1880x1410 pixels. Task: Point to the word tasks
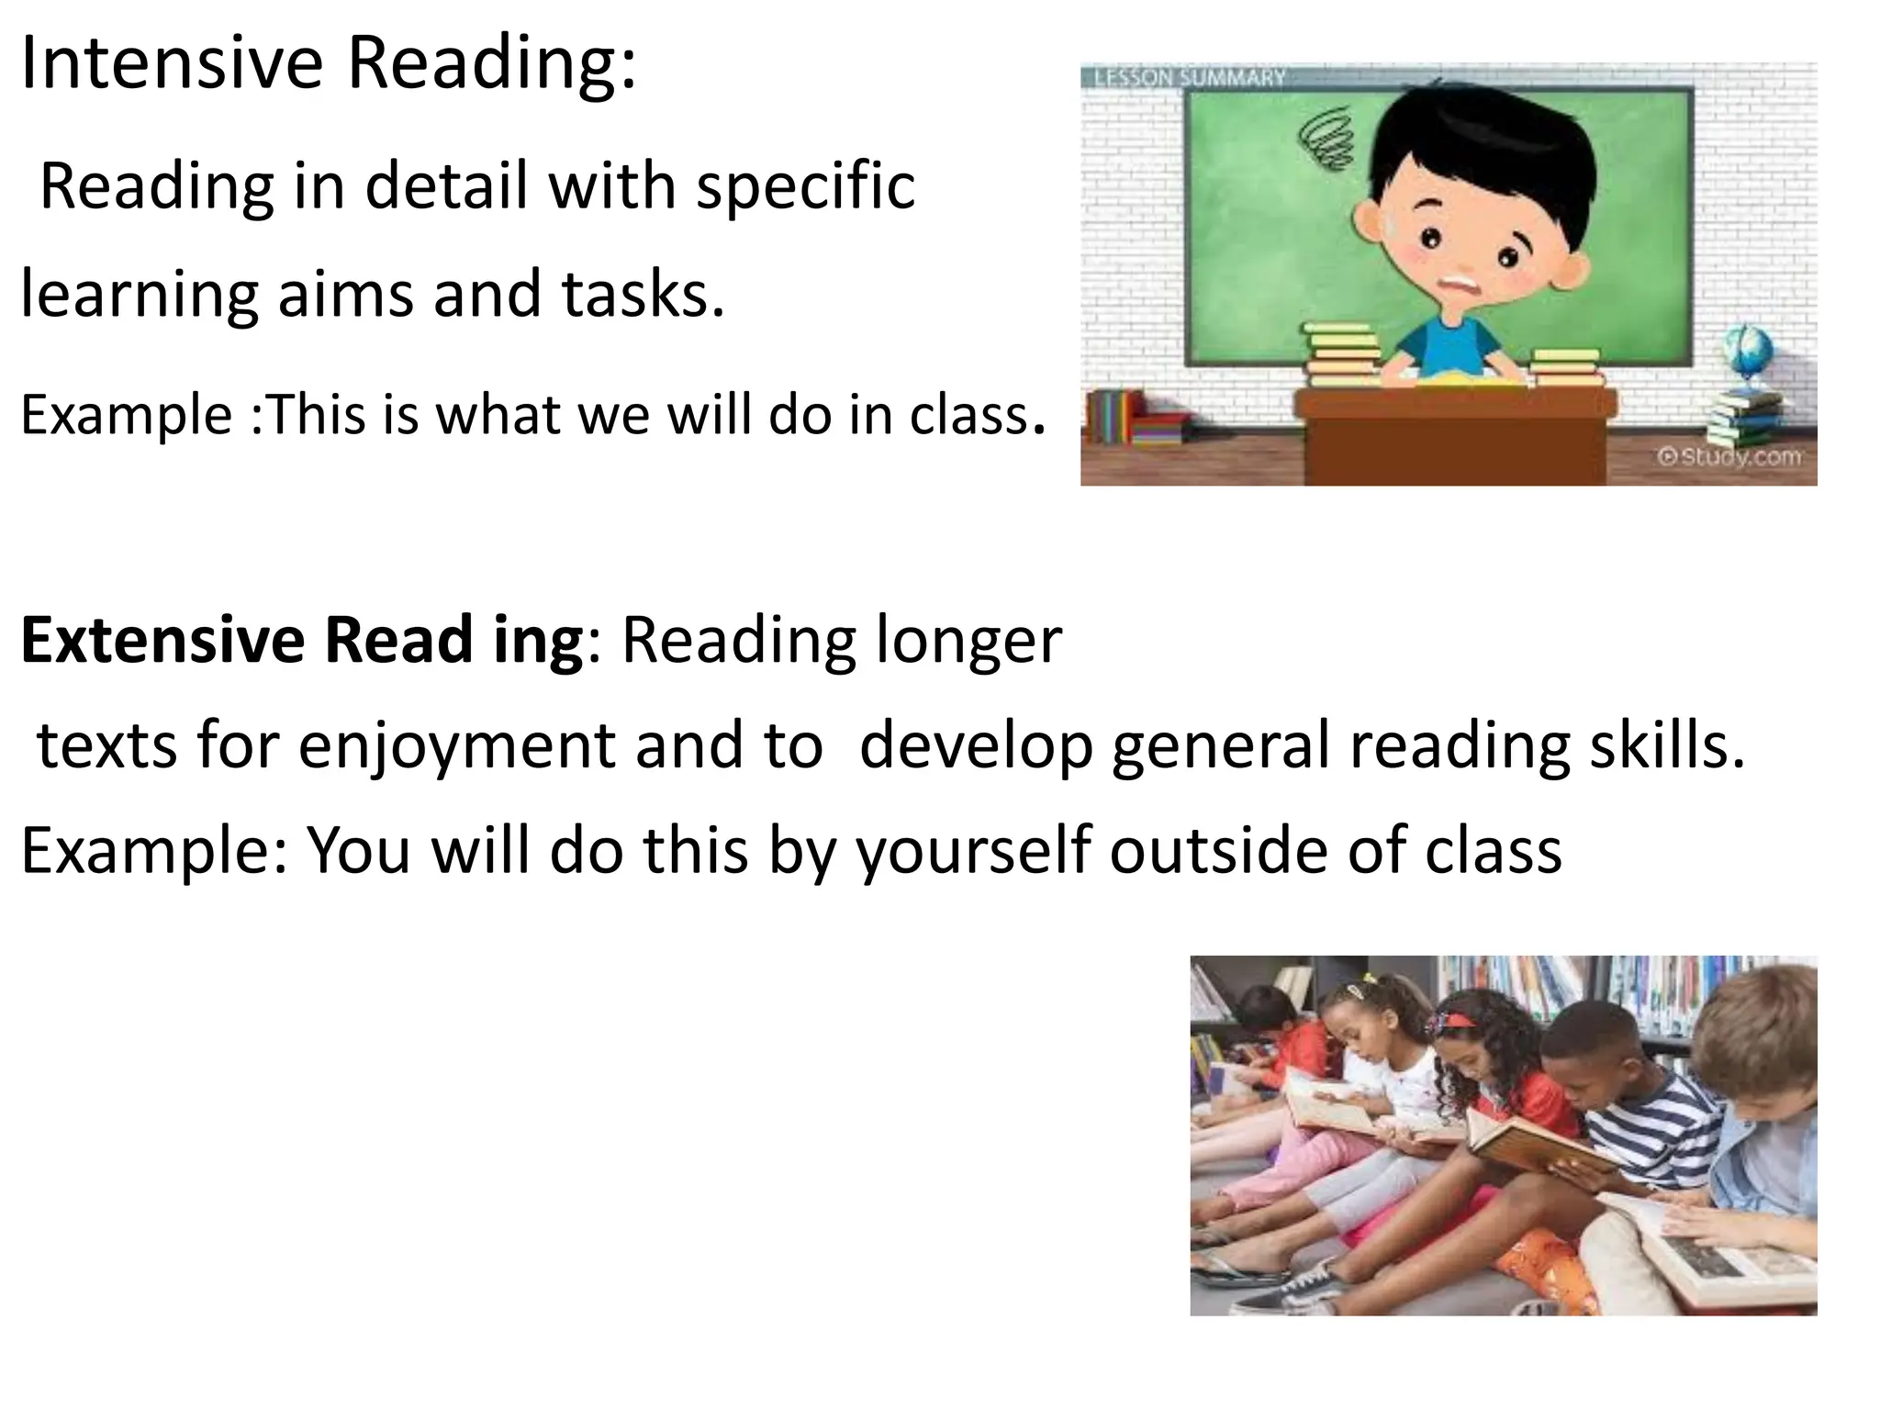coord(642,294)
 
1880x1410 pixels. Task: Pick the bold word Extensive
coord(162,640)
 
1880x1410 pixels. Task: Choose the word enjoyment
coord(457,745)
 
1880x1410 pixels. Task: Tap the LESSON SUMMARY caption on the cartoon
coord(1189,77)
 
